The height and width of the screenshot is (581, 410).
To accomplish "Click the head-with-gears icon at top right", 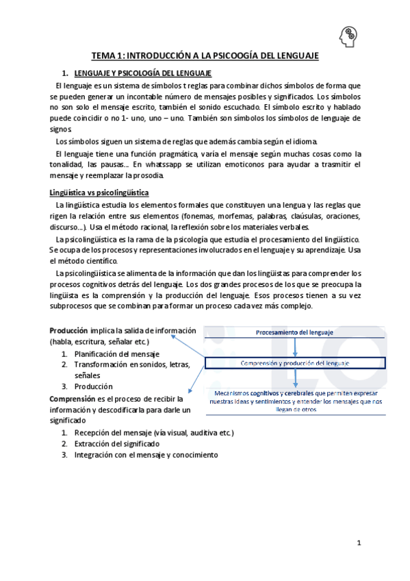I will tap(348, 34).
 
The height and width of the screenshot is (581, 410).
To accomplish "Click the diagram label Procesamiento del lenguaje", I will tap(295, 332).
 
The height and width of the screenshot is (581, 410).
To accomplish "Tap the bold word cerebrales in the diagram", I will tap(314, 393).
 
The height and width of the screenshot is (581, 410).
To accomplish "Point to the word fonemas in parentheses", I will tap(194, 217).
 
